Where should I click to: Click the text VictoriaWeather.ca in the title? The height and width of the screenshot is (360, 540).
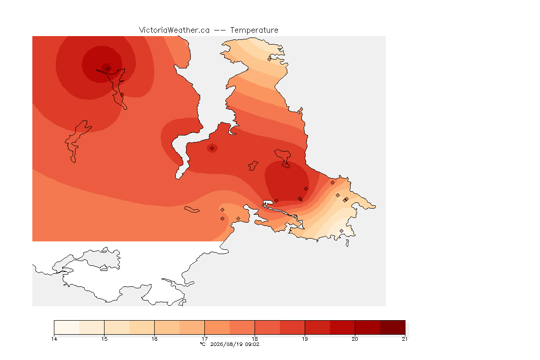pos(174,30)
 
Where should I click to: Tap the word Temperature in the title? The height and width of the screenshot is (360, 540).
pos(254,30)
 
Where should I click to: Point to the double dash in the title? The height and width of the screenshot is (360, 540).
pos(220,30)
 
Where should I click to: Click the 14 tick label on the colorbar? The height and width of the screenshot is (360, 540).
pos(54,339)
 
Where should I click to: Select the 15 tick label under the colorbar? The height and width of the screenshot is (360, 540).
pos(105,339)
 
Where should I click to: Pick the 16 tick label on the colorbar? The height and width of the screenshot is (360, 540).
pos(154,339)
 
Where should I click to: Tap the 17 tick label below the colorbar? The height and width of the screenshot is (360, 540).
pos(204,339)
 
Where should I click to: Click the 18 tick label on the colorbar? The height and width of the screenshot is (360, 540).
pos(255,339)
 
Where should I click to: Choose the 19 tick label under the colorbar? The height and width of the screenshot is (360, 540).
pos(305,339)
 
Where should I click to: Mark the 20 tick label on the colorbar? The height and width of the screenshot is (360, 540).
pos(355,339)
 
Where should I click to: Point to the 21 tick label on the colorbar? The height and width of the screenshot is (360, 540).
pos(405,339)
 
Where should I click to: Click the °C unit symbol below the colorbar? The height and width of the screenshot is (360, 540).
pos(203,344)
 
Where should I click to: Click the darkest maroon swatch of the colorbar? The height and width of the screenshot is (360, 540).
pos(393,327)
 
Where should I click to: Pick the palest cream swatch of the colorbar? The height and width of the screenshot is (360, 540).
pos(67,327)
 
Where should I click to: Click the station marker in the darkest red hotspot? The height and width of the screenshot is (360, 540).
pos(108,68)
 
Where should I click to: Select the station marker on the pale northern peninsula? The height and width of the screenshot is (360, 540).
pos(270,59)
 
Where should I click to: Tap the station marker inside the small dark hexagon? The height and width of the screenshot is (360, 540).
pos(212,149)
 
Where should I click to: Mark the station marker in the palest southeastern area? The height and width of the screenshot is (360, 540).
pos(341,231)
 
